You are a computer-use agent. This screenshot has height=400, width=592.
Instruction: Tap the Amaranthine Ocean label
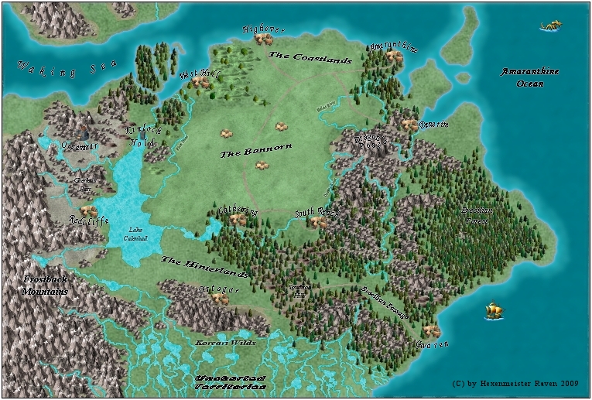530,77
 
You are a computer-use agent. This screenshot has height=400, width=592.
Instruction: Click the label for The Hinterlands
204,268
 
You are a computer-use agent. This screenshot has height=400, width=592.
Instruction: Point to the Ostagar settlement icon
221,299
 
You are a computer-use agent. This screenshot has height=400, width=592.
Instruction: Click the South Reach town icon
317,222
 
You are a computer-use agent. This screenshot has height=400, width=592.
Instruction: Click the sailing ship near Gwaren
494,311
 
